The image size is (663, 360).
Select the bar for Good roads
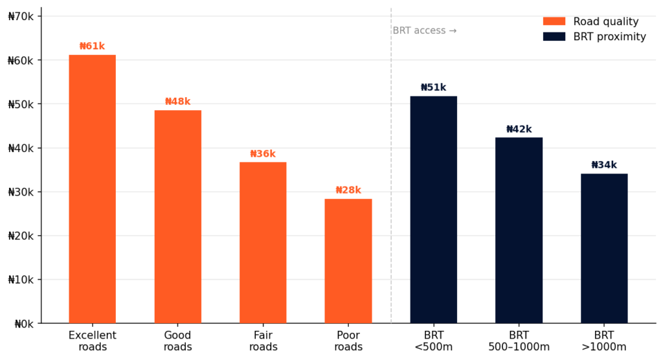click(177, 217)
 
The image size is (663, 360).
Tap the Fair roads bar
click(263, 243)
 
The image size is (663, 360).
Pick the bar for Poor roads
click(348, 261)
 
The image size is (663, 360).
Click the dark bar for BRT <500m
click(433, 210)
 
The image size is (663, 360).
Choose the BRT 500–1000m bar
click(519, 231)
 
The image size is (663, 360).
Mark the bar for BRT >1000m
click(604, 249)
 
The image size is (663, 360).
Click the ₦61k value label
click(92, 47)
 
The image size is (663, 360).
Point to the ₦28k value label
click(348, 190)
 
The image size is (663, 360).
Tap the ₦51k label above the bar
click(433, 88)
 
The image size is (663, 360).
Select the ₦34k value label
click(604, 165)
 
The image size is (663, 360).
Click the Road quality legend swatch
click(554, 21)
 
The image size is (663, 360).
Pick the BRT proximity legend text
click(609, 37)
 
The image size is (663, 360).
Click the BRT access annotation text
click(425, 30)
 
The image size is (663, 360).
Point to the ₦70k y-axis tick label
click(21, 16)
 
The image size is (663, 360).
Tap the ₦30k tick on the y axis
click(21, 192)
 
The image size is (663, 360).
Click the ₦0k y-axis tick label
click(23, 324)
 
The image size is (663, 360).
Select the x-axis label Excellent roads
click(92, 341)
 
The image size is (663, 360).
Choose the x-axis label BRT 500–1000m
click(519, 341)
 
